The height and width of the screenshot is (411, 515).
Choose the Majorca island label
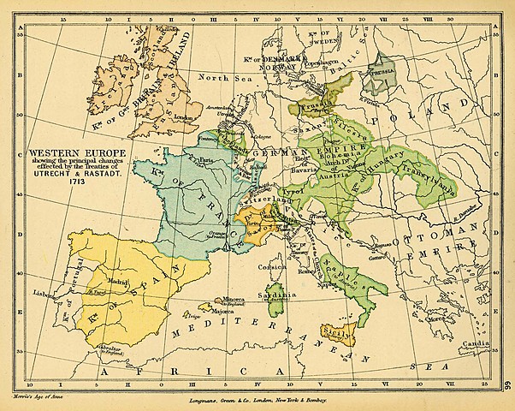tap(210, 312)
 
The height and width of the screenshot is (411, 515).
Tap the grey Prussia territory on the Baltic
tap(379, 75)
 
